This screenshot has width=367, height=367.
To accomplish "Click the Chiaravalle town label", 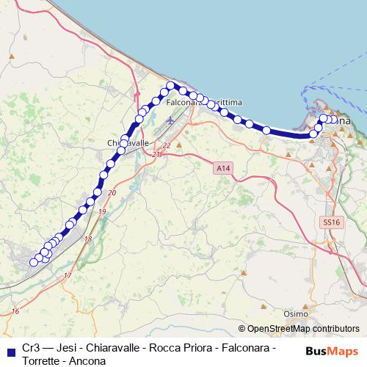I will pyautogui.click(x=128, y=142).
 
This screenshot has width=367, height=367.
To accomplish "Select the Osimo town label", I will pyautogui.click(x=296, y=313).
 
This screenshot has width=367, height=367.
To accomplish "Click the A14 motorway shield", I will pyautogui.click(x=224, y=169).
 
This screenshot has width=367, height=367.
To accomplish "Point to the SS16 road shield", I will pyautogui.click(x=332, y=221).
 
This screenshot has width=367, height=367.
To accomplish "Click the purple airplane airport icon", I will pyautogui.click(x=171, y=121).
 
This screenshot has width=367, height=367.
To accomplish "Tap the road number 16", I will pyautogui.click(x=15, y=312).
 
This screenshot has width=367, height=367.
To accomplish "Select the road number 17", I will pyautogui.click(x=68, y=275).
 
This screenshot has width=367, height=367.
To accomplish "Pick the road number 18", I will pyautogui.click(x=88, y=239).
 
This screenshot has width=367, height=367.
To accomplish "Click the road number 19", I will pyautogui.click(x=101, y=211).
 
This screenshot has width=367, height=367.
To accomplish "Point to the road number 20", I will pyautogui.click(x=112, y=192).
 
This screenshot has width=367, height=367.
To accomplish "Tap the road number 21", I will pyautogui.click(x=156, y=156).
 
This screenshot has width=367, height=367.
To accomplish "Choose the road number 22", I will pyautogui.click(x=166, y=145).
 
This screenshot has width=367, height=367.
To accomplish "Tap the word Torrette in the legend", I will pyautogui.click(x=42, y=360).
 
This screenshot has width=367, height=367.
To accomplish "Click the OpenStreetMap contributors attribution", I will pyautogui.click(x=303, y=329).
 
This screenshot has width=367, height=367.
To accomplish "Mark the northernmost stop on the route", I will pyautogui.click(x=170, y=86).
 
